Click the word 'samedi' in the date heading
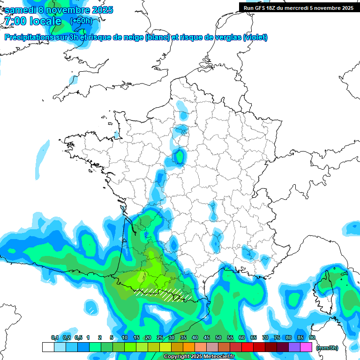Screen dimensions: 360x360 coord(21,10)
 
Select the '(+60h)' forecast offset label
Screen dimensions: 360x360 coord(81,21)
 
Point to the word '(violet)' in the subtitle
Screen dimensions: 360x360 coord(255,37)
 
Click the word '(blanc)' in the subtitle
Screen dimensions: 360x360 coord(157,37)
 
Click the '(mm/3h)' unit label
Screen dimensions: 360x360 coord(327,348)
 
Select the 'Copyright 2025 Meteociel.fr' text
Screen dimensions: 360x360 coord(199,357)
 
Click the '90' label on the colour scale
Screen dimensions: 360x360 coord(312,337)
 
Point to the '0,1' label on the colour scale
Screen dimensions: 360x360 coord(54,337)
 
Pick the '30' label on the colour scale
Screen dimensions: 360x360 coord(172,337)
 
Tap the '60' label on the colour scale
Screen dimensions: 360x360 coord(242,337)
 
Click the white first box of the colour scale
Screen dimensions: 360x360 coord(48,347)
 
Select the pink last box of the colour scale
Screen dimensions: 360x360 coord(306,347)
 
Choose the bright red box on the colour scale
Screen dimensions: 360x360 coord(247,347)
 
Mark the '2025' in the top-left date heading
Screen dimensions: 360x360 coord(99,10)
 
